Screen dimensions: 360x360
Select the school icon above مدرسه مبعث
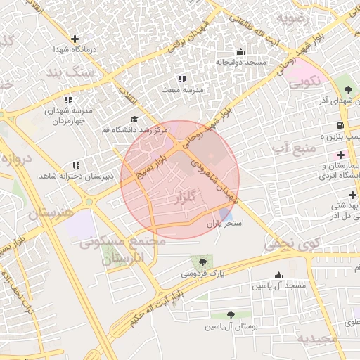coord(183,79)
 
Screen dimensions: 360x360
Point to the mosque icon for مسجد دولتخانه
coord(241,51)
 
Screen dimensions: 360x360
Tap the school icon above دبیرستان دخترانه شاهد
coord(76,165)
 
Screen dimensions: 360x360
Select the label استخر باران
coord(224,223)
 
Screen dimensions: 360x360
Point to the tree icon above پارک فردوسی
coord(203,262)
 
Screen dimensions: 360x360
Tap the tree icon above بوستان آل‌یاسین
coord(231,315)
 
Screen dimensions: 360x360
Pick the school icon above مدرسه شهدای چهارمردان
coord(68,100)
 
